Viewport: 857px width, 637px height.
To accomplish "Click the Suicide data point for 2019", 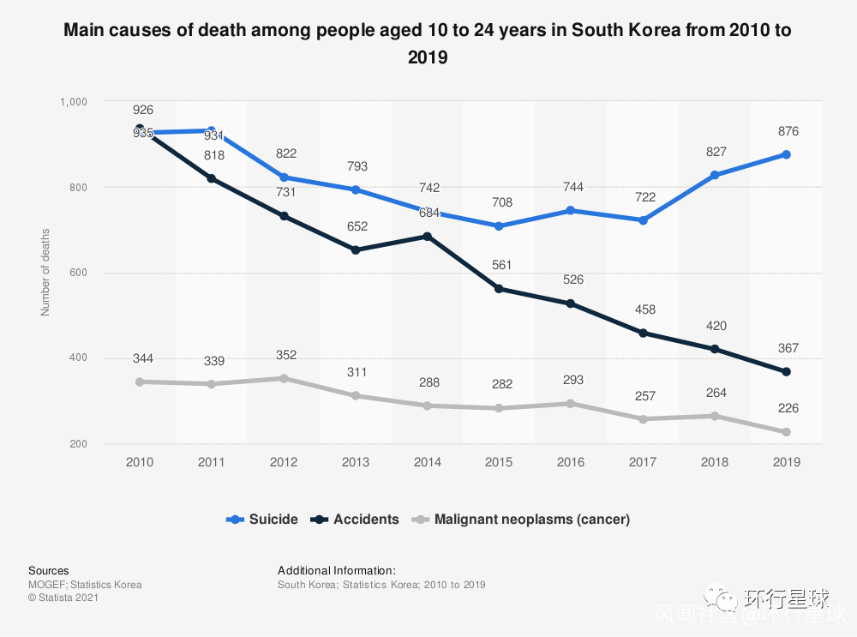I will click(x=786, y=154).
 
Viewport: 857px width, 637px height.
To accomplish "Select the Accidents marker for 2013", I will click(x=356, y=249).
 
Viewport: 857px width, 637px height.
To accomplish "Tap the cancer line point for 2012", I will click(x=284, y=378).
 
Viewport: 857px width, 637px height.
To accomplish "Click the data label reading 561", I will click(x=500, y=266).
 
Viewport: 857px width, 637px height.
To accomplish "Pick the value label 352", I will click(x=286, y=355).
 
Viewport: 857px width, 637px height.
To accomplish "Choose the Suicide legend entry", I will click(x=263, y=519).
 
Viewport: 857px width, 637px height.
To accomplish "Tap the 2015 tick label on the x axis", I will click(x=499, y=462).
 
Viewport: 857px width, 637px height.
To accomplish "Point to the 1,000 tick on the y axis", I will click(x=75, y=101).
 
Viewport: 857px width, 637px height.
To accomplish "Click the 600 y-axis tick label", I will click(x=79, y=273).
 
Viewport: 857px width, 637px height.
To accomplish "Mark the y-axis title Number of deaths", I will click(x=45, y=272).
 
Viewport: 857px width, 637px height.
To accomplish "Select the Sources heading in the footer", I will click(x=49, y=570).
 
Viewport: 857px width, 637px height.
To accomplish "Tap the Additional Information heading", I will click(x=337, y=570).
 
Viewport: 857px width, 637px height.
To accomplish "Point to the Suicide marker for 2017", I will click(x=643, y=220).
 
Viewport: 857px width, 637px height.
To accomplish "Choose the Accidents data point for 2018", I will click(x=714, y=349).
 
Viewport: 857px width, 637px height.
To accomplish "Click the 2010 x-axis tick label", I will click(x=140, y=462).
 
